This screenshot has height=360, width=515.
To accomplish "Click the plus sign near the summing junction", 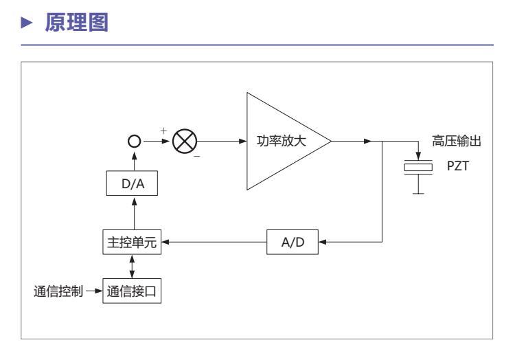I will coord(163,131).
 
